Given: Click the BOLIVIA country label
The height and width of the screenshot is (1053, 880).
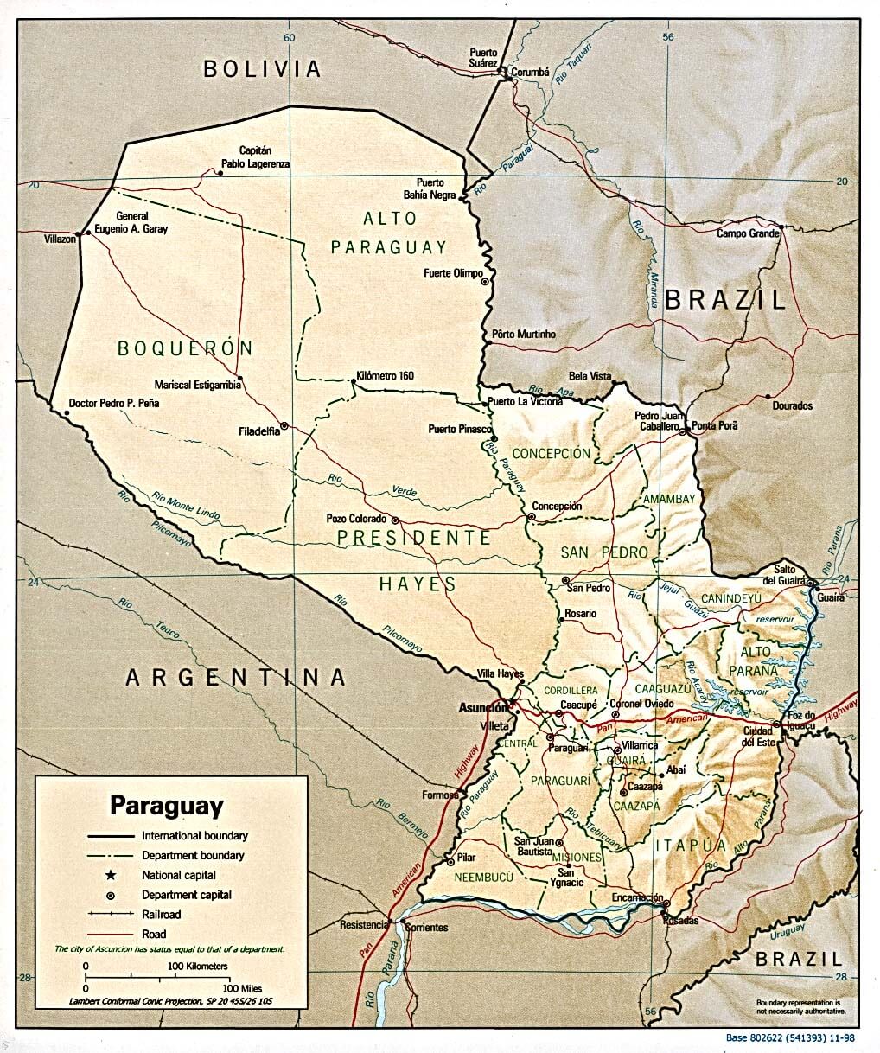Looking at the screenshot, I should (x=262, y=69).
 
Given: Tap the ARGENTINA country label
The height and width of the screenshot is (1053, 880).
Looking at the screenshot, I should (x=236, y=677).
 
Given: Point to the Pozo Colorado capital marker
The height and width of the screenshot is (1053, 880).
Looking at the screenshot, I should (x=395, y=520).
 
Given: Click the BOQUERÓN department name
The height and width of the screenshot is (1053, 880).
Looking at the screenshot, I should (x=185, y=348).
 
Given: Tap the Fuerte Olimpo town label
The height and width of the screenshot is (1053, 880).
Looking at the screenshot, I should (x=453, y=274).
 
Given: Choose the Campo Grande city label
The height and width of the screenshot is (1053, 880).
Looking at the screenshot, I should (x=748, y=234).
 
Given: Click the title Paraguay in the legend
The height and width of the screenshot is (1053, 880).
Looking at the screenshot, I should (x=166, y=806).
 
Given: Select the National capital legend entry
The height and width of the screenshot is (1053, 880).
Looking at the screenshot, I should (x=179, y=875).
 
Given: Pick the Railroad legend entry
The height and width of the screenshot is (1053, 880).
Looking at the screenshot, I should (x=162, y=914).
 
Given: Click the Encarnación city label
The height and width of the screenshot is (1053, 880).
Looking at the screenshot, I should (x=637, y=897).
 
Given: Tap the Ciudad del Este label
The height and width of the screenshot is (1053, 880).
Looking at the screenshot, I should (x=758, y=737).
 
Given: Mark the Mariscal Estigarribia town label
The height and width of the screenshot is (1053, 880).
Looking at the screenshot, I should (x=197, y=385).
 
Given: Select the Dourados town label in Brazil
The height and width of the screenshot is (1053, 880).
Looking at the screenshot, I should (x=792, y=405).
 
